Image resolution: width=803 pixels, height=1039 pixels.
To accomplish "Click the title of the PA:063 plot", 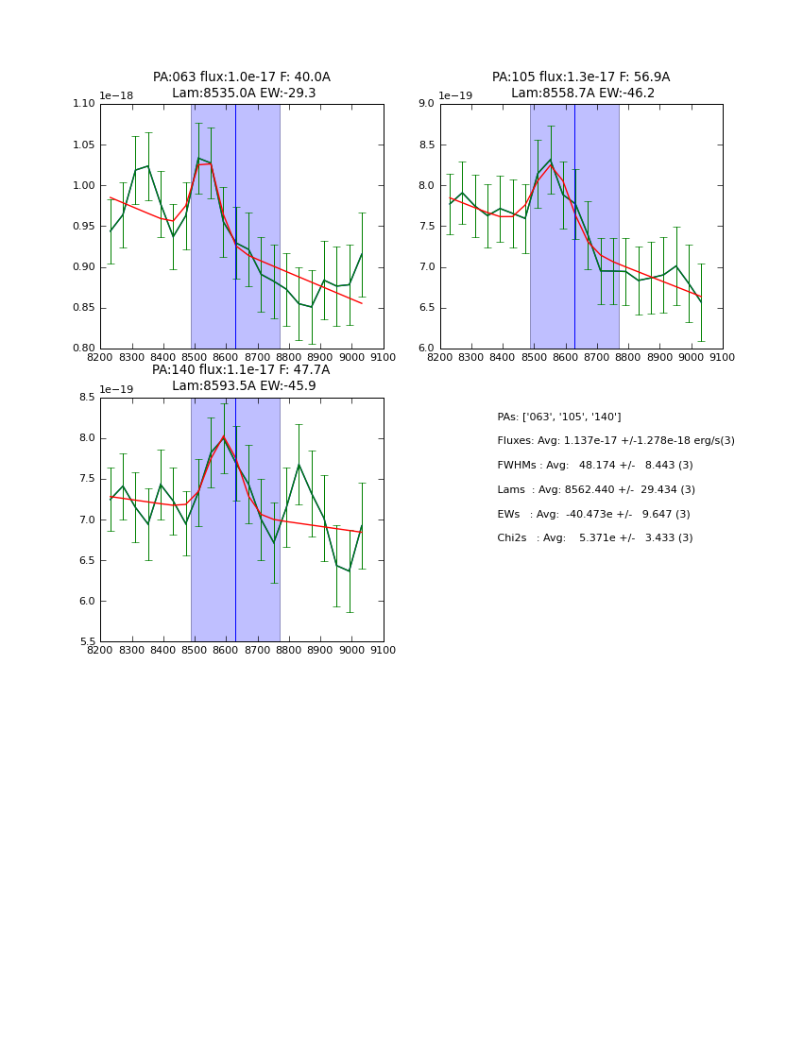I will point(242,85).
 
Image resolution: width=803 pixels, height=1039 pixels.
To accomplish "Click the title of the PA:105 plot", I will point(581,85).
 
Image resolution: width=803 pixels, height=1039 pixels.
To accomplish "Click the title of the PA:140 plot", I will point(242,378).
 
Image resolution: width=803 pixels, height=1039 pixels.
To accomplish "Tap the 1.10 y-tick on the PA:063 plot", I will point(84,104).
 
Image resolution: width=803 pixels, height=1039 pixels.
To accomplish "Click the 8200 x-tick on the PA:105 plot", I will point(440,357).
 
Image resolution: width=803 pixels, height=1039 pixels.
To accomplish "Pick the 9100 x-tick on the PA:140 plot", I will point(384,650).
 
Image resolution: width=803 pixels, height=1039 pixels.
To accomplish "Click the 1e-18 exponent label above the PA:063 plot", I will point(116,96).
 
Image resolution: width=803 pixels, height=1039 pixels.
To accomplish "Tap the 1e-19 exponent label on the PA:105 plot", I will point(456,96).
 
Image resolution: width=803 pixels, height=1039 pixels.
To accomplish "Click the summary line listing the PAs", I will point(559,417).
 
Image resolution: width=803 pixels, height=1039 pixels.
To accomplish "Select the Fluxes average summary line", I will point(616,441).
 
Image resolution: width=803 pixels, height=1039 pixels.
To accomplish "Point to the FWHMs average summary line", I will point(595,466).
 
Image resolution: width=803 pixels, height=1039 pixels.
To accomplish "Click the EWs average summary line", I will point(593,515).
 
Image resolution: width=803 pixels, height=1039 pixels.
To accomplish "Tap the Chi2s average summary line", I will point(595,538).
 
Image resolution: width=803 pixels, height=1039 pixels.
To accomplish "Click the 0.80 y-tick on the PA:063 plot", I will point(84,349).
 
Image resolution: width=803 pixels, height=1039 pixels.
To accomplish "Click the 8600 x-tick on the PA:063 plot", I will point(226,357).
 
